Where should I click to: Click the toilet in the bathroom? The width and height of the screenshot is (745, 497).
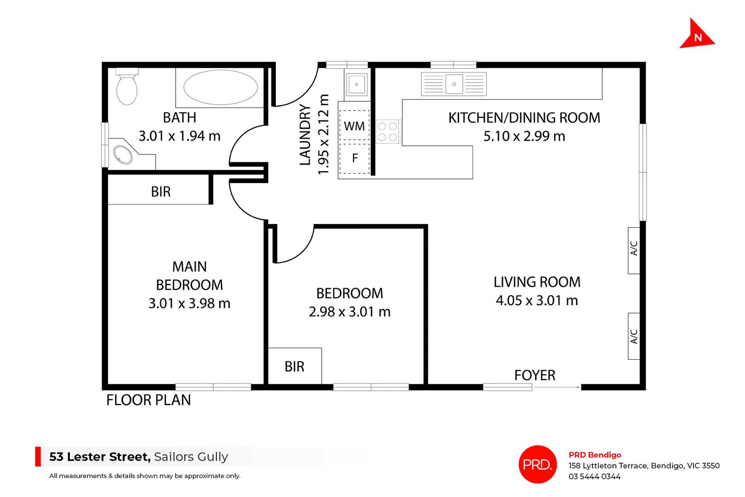127,88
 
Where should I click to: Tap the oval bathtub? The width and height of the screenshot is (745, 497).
220,87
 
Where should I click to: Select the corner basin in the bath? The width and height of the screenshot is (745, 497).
123,154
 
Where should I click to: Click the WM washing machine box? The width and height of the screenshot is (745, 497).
354,126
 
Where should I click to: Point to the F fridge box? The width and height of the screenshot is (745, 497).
355,158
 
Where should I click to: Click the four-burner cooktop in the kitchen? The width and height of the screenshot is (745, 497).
388,132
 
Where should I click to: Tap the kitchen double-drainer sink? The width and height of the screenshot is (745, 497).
454,84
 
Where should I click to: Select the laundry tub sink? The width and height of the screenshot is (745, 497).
357,84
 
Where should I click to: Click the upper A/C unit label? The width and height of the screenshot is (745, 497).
634,249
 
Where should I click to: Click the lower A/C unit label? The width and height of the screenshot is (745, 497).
634,336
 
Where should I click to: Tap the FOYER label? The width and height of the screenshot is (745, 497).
535,375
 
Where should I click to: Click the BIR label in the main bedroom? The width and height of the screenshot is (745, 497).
161,192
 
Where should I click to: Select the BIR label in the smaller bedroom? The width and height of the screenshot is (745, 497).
295,367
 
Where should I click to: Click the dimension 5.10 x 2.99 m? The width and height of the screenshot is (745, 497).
524,136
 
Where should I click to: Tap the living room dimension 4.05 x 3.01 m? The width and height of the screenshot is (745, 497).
537,300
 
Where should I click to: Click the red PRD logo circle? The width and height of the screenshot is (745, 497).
537,464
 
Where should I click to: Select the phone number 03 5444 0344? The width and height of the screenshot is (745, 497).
594,476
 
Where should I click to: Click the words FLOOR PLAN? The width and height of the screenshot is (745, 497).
149,400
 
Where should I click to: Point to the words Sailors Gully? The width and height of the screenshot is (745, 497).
191,457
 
